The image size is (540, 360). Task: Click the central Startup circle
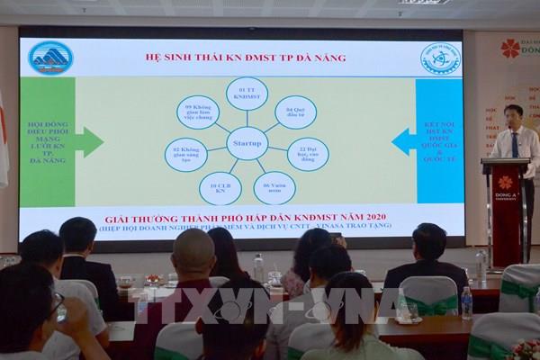pos(246,143)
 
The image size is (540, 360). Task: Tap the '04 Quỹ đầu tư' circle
pos(294,112)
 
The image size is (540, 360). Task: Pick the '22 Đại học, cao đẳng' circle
pos(307,154)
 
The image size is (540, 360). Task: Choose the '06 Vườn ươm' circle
pos(274,187)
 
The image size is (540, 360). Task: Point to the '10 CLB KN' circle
pos(220,188)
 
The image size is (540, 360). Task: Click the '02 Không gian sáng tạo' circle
pos(185,155)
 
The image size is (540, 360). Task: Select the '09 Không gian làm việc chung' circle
pos(197,112)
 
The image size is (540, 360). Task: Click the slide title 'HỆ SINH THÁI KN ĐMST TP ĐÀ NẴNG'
pos(245,58)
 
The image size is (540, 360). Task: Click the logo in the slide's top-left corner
pos(50,58)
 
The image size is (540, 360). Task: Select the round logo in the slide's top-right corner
pos(439,58)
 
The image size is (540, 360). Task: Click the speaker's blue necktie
pos(514,145)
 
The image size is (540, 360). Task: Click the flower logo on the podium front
pos(505,183)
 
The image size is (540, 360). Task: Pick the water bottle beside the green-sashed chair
pos(466,302)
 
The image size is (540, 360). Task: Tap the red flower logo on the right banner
pos(510,48)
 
